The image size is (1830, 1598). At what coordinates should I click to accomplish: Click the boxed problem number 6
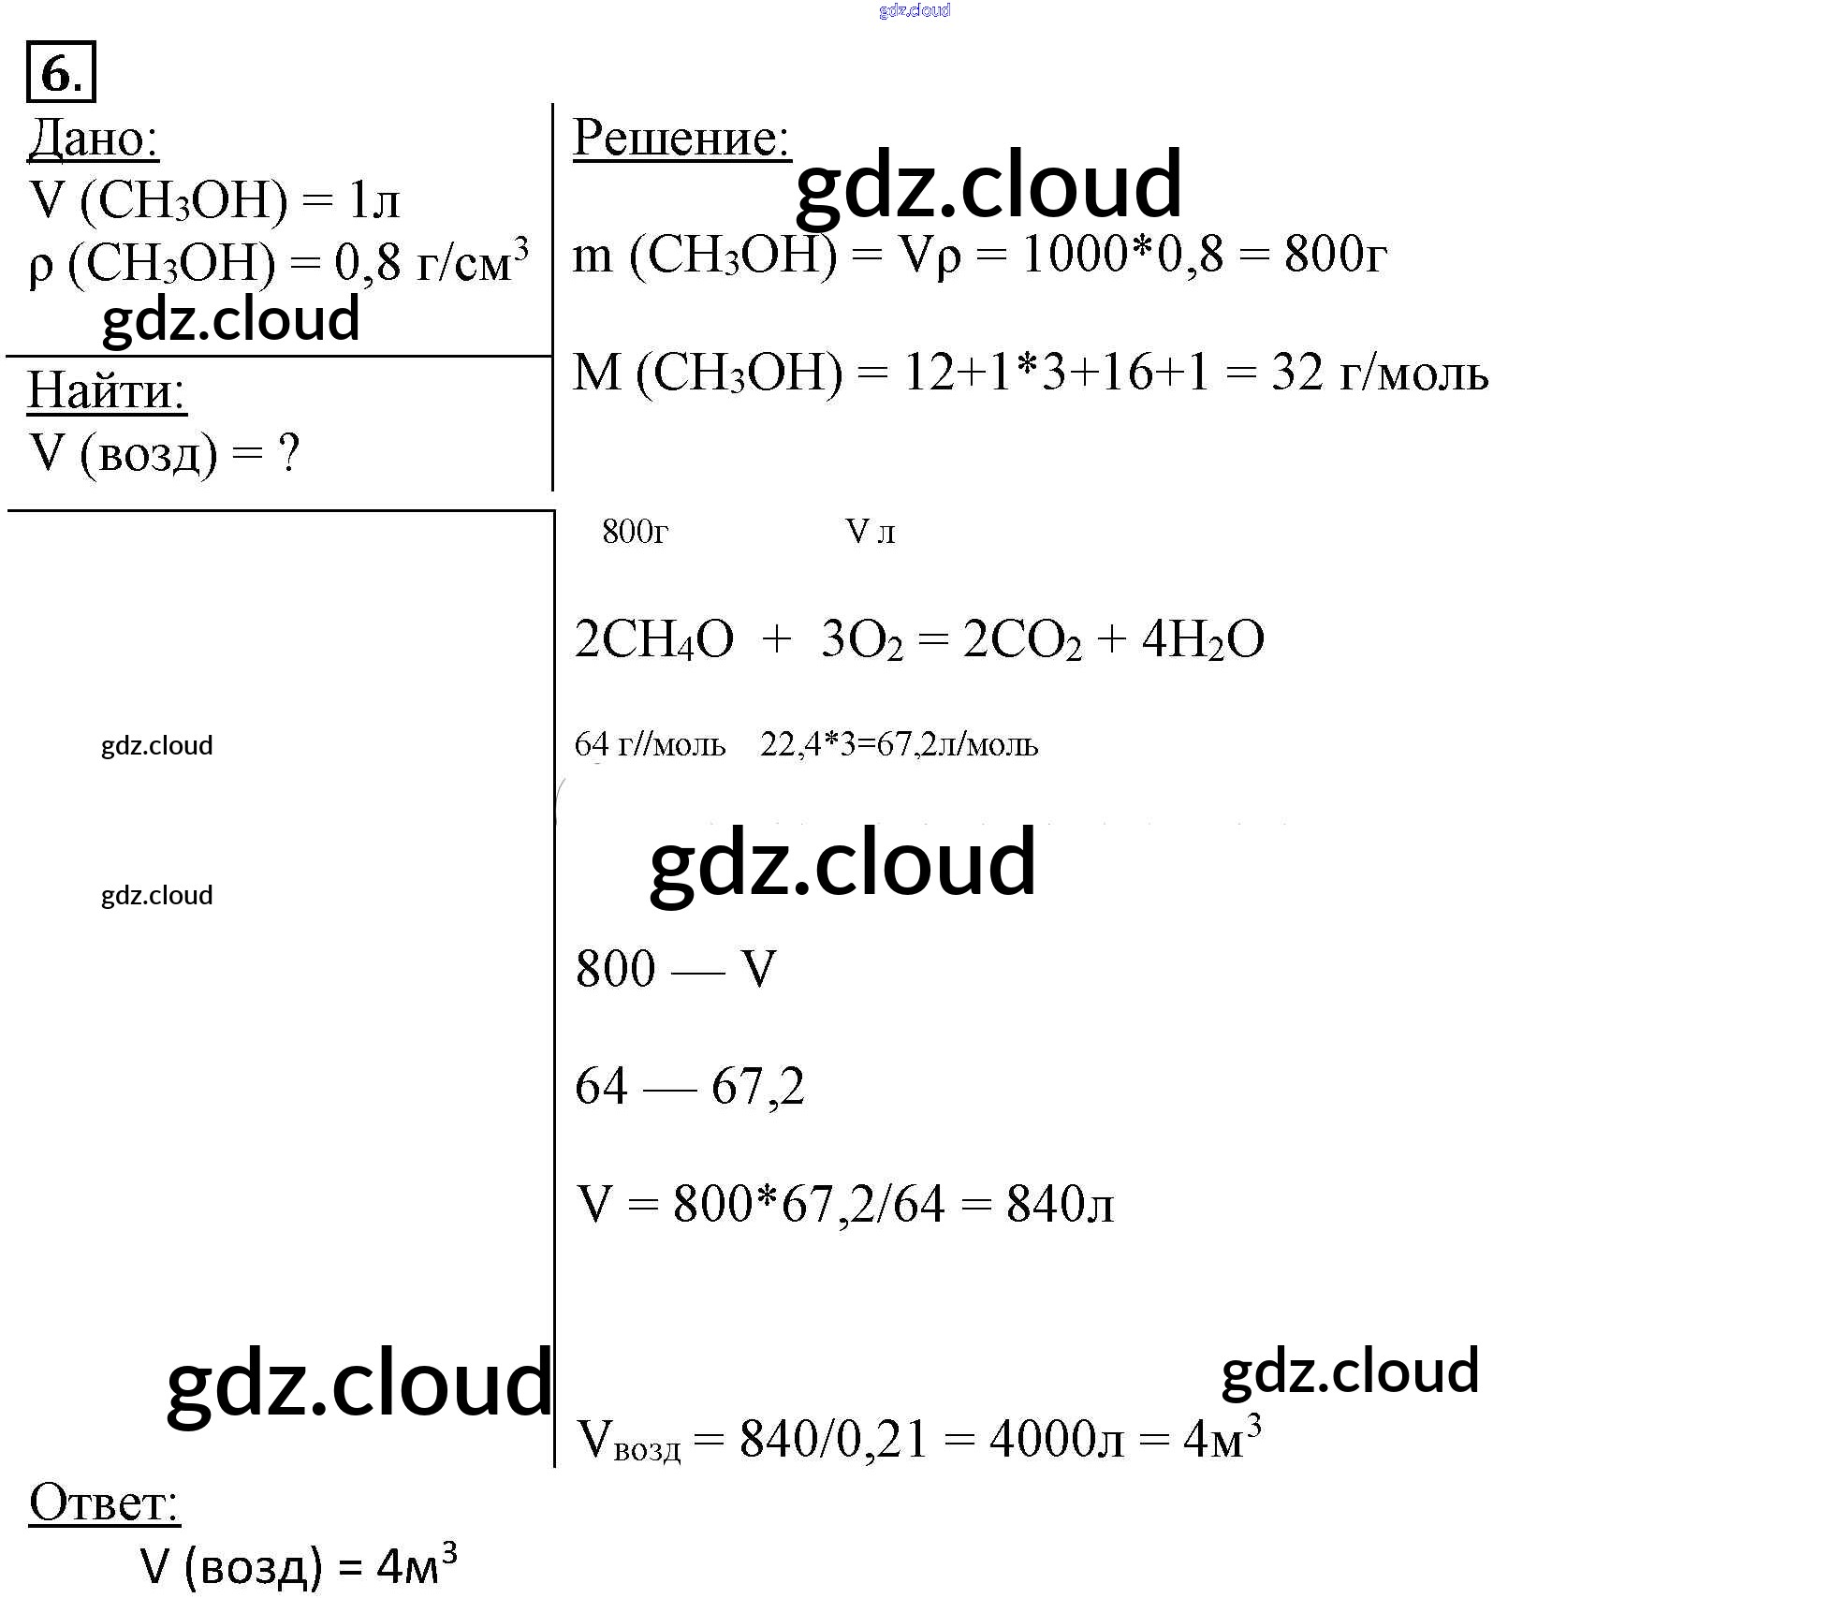[62, 71]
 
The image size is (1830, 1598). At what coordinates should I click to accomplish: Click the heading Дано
[94, 139]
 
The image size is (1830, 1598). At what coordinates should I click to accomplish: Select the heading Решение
[681, 138]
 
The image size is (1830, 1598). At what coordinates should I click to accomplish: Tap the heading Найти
[107, 390]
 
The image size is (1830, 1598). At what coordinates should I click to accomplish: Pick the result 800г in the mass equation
[1335, 254]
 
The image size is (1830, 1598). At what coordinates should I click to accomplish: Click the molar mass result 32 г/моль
[1379, 373]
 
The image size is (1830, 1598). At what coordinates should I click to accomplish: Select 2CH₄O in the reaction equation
[654, 640]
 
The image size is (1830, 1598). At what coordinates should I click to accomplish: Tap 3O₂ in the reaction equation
[862, 640]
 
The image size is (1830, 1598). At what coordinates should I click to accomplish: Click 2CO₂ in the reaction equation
[1022, 640]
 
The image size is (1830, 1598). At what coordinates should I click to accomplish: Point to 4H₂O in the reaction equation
[1203, 640]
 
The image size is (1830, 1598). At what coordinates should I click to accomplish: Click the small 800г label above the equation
[636, 532]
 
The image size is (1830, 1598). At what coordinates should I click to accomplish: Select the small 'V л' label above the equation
[871, 532]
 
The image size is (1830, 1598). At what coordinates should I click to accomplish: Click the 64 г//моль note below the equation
[650, 744]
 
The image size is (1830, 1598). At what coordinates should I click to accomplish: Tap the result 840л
[1061, 1204]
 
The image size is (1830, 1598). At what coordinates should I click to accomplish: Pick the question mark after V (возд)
[289, 454]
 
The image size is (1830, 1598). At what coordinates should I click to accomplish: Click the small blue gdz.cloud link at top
[915, 10]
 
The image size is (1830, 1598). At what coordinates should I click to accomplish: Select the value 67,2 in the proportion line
[758, 1087]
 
